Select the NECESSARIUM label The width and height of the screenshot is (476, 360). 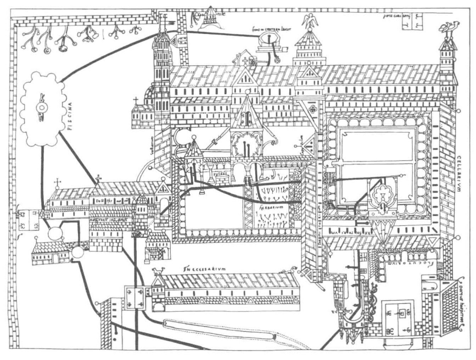tap(202, 269)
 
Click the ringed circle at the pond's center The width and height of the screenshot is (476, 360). tap(39, 108)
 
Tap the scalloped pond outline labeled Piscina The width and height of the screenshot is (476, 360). tap(42, 109)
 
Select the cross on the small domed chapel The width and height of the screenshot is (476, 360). tap(135, 100)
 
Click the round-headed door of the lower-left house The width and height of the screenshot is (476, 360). tap(63, 257)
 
